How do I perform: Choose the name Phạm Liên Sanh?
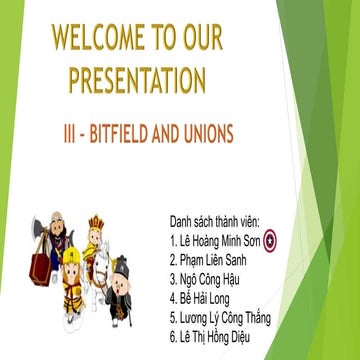tap(214, 260)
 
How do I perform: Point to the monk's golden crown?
tap(97, 221)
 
